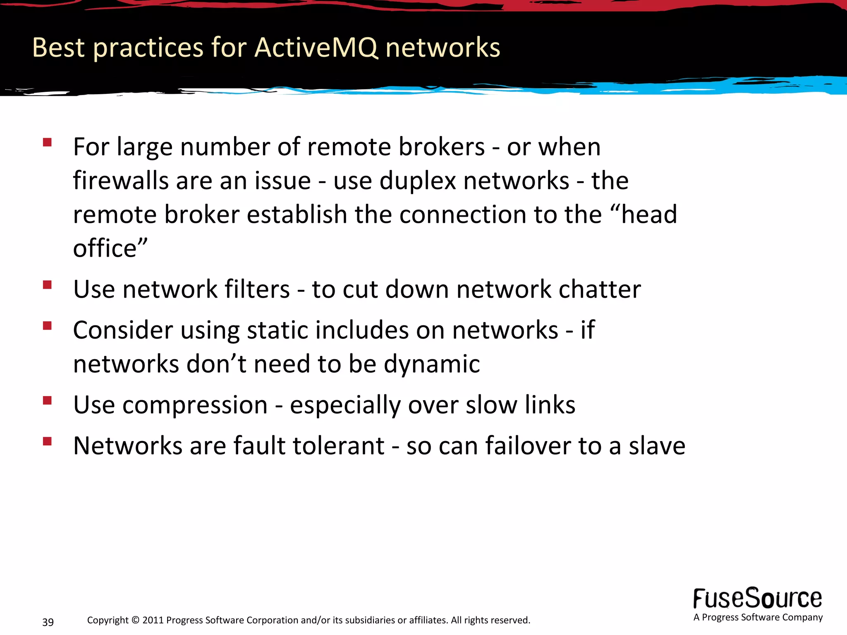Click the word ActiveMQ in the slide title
point(316,48)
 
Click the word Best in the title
point(58,48)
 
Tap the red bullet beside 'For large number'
point(47,143)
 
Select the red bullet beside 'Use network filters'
point(47,285)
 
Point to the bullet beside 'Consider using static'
point(47,326)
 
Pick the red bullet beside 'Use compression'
point(47,400)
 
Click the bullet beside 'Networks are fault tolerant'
point(47,441)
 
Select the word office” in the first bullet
point(110,248)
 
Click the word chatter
point(600,289)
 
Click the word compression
point(195,405)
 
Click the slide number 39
point(48,622)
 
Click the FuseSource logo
point(758,599)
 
